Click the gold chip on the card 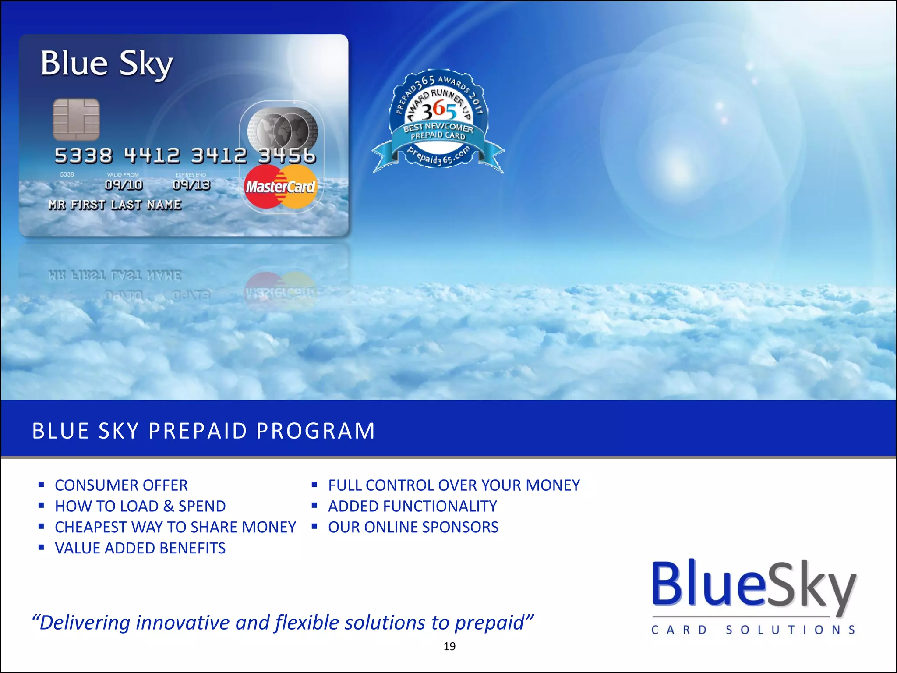point(76,120)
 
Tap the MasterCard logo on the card point(280,187)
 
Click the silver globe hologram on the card point(283,130)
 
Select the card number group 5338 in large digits point(83,156)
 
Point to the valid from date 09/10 point(124,185)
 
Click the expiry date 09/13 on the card point(191,185)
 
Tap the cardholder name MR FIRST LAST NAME point(115,205)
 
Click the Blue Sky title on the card point(107,64)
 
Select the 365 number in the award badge point(439,110)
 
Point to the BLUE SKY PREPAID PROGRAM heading point(204,430)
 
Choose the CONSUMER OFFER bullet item point(121,485)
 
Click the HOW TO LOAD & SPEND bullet point(140,507)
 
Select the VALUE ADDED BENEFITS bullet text point(140,548)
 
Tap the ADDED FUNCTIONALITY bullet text point(413,507)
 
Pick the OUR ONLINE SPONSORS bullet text point(413,527)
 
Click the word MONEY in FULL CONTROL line point(553,485)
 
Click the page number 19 point(449,646)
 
